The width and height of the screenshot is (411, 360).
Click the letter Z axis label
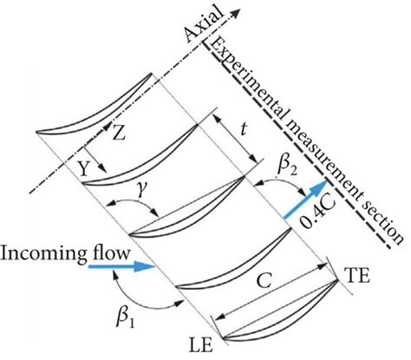[x=120, y=134]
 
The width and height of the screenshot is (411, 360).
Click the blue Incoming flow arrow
[x=121, y=268]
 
